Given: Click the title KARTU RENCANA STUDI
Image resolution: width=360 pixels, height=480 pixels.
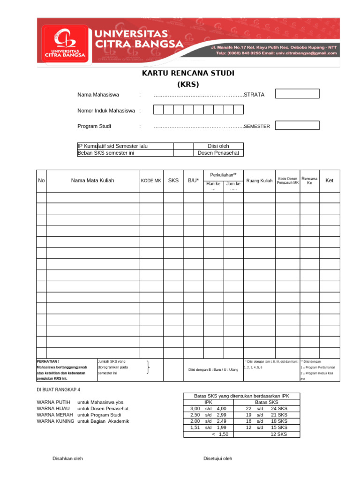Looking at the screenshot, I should [x=188, y=74].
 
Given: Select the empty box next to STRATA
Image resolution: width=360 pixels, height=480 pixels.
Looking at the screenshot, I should [x=297, y=94].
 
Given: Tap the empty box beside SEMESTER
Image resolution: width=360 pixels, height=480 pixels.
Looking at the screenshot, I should [x=297, y=126].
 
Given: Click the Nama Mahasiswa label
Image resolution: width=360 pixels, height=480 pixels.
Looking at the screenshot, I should [x=98, y=95].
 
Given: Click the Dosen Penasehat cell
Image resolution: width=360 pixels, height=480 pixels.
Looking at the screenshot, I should [x=218, y=153].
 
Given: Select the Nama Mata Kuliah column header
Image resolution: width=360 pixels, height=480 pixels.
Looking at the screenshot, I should [x=92, y=180].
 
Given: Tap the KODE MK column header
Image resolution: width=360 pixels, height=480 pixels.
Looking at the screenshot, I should [x=151, y=181].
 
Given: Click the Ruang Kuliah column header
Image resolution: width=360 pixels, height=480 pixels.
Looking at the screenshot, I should [x=259, y=181].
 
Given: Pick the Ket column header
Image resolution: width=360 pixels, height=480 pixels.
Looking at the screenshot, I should [x=329, y=180].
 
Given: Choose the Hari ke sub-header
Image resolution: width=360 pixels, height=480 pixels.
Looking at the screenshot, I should [x=213, y=184].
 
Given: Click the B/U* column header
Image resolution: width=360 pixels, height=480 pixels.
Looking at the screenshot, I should [x=193, y=180].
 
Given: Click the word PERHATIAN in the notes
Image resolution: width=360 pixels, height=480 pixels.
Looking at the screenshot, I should [x=48, y=361].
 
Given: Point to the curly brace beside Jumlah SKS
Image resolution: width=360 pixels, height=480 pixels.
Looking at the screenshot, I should [x=148, y=367].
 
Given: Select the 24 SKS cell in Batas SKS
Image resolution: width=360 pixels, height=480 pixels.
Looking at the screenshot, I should [x=279, y=409].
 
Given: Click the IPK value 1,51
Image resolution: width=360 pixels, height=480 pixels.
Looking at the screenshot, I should [x=195, y=427].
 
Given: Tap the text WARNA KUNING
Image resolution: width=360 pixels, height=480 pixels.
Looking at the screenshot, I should [x=55, y=421].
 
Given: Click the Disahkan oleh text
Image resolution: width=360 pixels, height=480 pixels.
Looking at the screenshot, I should [x=67, y=458].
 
